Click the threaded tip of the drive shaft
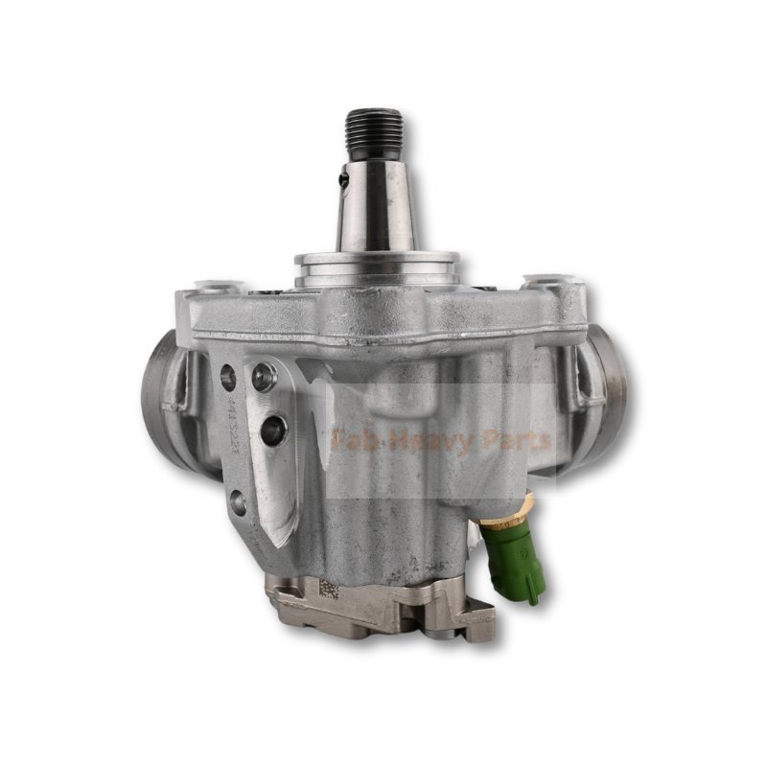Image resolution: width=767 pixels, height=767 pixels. point(374,133)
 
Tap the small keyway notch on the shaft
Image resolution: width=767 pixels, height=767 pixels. point(343,176)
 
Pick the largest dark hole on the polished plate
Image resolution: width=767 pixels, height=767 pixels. point(273,430)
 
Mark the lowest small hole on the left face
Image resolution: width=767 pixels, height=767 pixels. point(237,501)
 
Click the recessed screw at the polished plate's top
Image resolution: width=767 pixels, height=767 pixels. point(264,377)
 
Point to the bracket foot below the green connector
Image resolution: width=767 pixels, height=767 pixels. point(475,623)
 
